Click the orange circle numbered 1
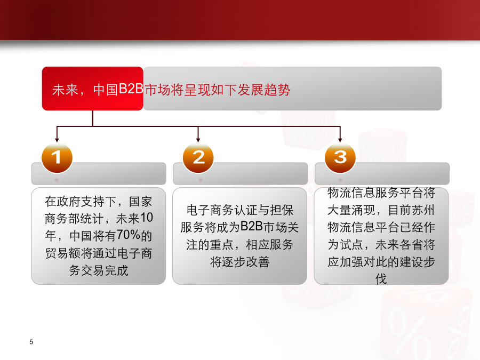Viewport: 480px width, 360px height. [57, 158]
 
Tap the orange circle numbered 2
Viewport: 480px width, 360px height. [198, 158]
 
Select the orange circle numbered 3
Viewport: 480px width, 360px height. [340, 158]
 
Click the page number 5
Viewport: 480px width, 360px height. [31, 342]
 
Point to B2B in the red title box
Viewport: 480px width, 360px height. [131, 89]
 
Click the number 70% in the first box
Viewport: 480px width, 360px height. [128, 235]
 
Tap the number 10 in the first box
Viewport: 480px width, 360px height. [146, 218]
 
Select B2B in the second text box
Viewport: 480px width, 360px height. [252, 226]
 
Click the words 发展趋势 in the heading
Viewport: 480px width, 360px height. [264, 90]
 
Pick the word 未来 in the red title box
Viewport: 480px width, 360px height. [65, 90]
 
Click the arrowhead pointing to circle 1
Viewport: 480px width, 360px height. [57, 140]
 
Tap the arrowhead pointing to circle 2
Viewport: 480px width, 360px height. [198, 140]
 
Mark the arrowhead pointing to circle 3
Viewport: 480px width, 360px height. [340, 140]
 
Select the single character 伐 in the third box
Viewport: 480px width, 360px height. [381, 279]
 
